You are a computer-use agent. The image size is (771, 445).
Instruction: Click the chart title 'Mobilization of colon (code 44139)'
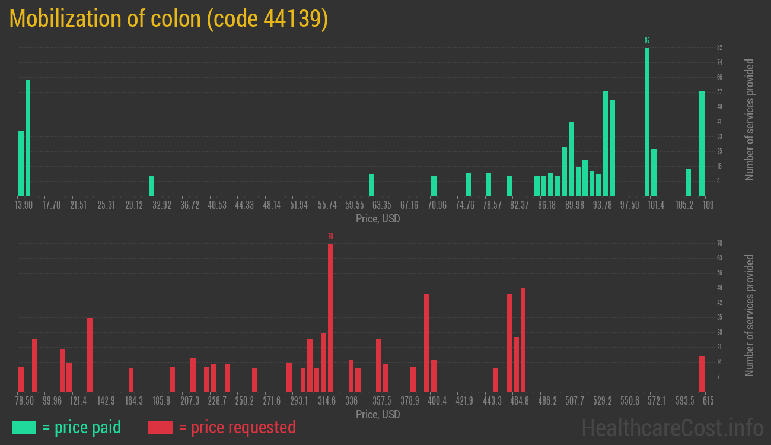click(x=168, y=19)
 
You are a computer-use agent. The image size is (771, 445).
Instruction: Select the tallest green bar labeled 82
click(x=647, y=122)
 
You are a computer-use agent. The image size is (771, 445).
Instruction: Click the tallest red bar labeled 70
click(x=330, y=317)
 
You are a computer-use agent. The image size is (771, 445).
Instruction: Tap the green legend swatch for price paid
click(x=24, y=427)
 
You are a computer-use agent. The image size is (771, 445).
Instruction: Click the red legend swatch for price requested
click(x=160, y=427)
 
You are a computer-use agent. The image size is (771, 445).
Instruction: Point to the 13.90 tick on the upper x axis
click(x=24, y=205)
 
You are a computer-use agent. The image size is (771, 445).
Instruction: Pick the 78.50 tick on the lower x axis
click(x=24, y=401)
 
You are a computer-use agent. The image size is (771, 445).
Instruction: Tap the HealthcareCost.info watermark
click(x=672, y=427)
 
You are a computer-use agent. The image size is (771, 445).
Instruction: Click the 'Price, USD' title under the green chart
click(x=378, y=219)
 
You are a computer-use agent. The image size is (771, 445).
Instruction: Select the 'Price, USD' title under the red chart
click(x=378, y=415)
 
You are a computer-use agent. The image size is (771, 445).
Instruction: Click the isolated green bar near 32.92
click(x=151, y=186)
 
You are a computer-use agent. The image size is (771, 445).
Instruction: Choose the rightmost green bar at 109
click(x=702, y=144)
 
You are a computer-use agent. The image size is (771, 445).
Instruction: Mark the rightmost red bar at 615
click(x=702, y=374)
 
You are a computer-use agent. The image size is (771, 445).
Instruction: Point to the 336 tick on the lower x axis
click(x=352, y=401)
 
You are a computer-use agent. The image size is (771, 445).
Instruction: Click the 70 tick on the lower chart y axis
click(x=719, y=243)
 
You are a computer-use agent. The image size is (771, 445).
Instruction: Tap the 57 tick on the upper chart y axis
click(x=719, y=92)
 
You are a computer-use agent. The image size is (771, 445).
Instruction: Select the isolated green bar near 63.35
click(x=372, y=185)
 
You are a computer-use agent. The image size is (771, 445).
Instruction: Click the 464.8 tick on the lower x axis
click(x=520, y=401)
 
